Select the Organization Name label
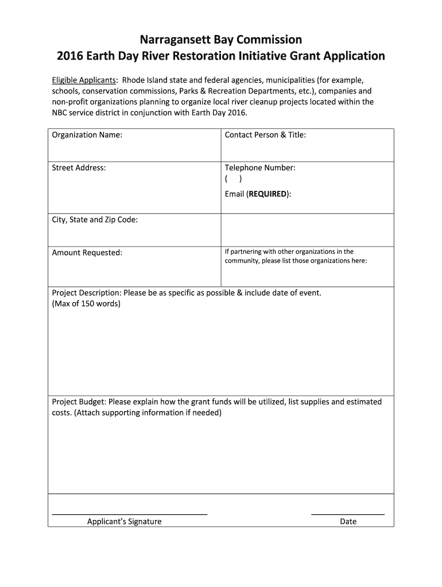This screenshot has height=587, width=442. tap(87, 135)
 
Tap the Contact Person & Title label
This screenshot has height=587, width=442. tap(265, 135)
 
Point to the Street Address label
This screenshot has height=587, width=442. tap(79, 168)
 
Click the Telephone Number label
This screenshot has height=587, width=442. tap(260, 168)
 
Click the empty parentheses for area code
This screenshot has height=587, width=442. tap(234, 179)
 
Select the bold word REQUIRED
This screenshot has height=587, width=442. tap(267, 194)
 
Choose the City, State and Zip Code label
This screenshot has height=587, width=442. tap(95, 220)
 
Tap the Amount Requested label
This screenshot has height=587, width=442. tap(87, 253)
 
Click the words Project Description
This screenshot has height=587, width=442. tap(86, 293)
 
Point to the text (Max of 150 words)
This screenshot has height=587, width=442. tap(86, 303)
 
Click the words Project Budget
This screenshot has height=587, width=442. tap(78, 402)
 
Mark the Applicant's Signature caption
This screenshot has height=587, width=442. tap(124, 522)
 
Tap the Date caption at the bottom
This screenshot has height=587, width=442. tap(348, 522)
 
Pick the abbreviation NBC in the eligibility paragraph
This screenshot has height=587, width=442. tap(60, 113)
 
